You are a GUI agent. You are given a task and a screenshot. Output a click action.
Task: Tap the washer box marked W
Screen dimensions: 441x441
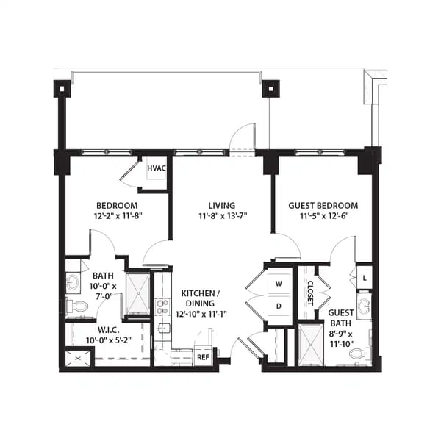pos(279,283)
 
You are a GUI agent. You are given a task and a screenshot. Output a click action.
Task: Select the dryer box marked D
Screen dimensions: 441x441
pos(279,305)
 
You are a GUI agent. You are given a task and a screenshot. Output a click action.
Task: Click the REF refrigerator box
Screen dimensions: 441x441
pos(203,357)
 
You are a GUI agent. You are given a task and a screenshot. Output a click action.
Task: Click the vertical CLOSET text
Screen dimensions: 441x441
pos(309,292)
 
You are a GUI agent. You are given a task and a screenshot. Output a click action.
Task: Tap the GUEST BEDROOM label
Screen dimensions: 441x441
pos(323,206)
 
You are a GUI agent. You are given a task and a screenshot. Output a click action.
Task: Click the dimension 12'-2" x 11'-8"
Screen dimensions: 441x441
pos(117,217)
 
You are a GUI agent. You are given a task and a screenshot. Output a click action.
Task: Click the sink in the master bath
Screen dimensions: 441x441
pos(73,282)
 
